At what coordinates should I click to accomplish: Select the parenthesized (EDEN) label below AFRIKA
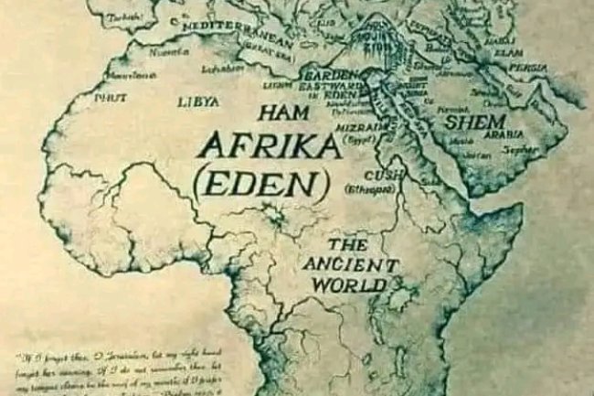pos(261,184)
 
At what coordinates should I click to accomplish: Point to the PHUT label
pos(110,96)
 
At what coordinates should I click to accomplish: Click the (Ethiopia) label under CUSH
pos(369,188)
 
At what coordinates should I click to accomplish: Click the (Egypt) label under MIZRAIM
pos(355,139)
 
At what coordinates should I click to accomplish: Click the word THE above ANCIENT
pos(347,245)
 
